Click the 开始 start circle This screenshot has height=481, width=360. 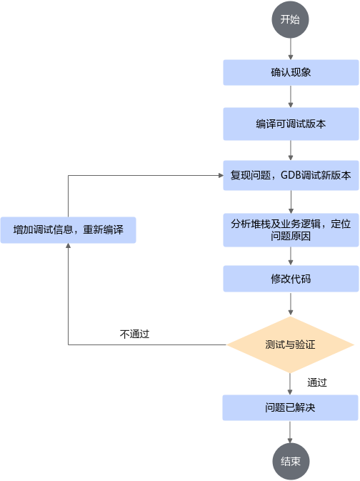[290, 19]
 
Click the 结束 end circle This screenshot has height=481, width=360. [291, 462]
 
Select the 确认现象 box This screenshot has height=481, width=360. [291, 72]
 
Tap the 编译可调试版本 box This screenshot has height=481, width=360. [291, 124]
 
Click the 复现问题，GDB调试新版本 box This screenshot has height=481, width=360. [291, 175]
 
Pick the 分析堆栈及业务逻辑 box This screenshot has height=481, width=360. [291, 230]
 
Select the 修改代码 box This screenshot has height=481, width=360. [291, 279]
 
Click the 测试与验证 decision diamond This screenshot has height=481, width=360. [291, 344]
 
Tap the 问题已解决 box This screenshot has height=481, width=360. [290, 407]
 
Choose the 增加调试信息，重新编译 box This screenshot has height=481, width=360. [68, 230]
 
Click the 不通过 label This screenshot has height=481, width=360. [134, 334]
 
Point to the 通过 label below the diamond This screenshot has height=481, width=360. [317, 382]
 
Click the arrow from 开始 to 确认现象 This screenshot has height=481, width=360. [291, 49]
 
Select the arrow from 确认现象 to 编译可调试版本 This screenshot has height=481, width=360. [291, 96]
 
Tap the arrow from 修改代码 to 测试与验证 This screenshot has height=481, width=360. [291, 304]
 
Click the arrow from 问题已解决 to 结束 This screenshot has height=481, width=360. [290, 432]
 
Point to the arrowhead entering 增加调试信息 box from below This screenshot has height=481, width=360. [68, 246]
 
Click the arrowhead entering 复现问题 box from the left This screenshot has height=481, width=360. [221, 176]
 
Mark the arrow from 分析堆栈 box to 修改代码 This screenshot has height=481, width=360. [291, 256]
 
